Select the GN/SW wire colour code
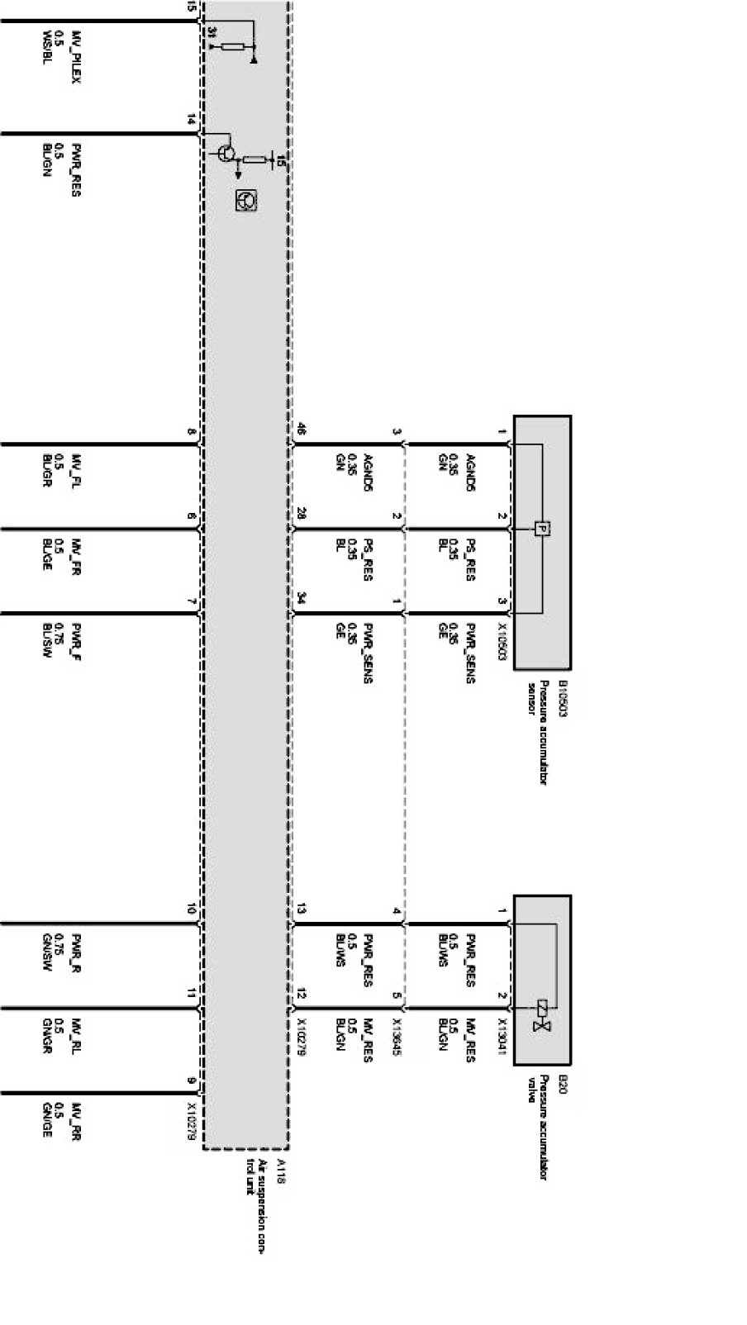click(47, 952)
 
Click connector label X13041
click(502, 1038)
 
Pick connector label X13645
click(397, 1038)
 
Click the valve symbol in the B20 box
click(543, 1016)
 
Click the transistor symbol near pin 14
click(224, 152)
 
